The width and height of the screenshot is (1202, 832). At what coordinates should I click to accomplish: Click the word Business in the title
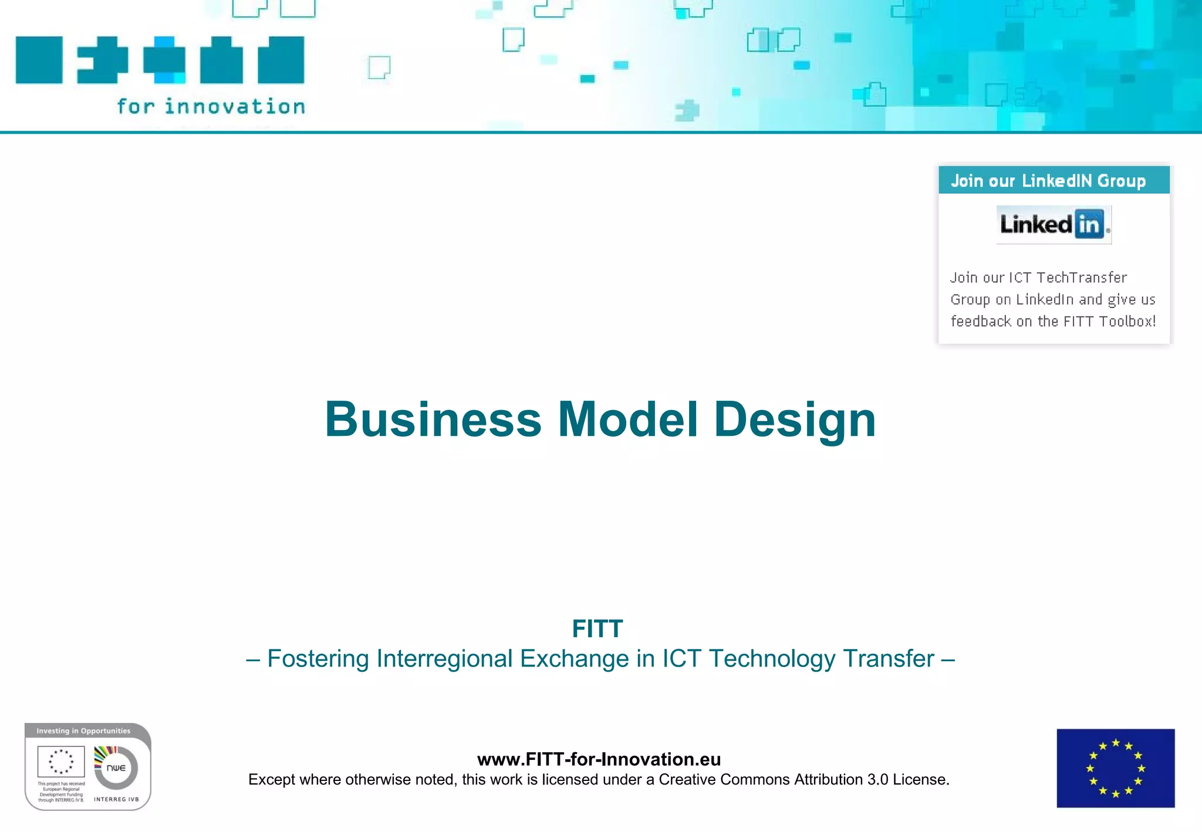(433, 420)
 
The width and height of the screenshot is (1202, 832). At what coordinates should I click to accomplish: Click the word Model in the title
(627, 420)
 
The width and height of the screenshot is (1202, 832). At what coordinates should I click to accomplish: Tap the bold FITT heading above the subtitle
(597, 629)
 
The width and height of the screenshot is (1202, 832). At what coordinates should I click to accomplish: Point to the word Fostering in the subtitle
(318, 659)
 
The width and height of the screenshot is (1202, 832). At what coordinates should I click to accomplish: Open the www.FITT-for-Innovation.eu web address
(599, 759)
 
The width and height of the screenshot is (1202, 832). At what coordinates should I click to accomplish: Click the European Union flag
(1115, 768)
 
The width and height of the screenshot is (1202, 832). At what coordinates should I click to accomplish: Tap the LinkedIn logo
(1054, 224)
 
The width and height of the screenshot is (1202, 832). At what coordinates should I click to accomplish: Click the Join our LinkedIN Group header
(1048, 181)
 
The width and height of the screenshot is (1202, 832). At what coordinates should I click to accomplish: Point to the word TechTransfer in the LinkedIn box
(1082, 278)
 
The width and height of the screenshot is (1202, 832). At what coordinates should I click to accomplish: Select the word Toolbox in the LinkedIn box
(1125, 322)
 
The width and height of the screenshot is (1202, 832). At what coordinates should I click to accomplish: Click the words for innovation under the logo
(211, 107)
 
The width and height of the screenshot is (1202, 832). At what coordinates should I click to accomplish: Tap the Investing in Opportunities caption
(83, 731)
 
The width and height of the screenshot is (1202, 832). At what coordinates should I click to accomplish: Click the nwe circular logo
(116, 767)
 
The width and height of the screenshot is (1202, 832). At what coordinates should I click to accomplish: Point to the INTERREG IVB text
(116, 799)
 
